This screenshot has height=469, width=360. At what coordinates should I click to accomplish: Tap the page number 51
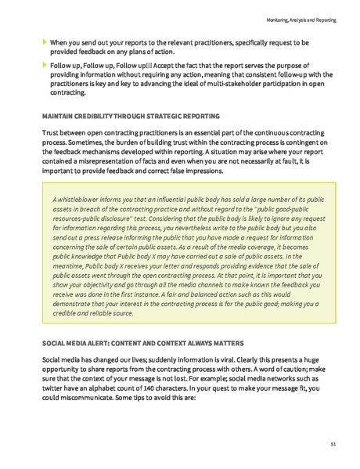pyautogui.click(x=333, y=444)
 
